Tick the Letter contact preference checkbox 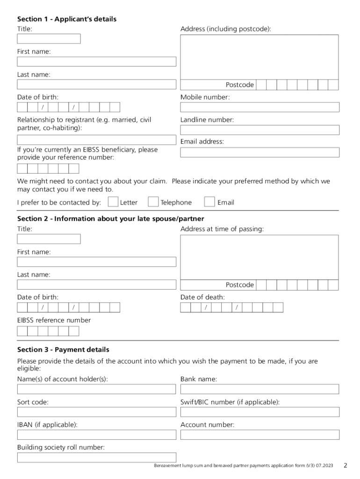tap(113, 202)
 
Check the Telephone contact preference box tap(153, 202)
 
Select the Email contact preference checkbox tap(210, 202)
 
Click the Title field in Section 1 tap(49, 39)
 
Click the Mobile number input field tap(259, 107)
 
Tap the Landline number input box tap(259, 130)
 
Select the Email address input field tap(259, 152)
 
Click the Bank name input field tap(259, 389)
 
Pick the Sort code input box tap(97, 412)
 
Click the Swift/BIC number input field tap(259, 412)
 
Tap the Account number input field tap(259, 435)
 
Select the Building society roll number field tap(97, 457)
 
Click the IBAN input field tap(97, 435)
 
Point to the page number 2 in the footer tap(345, 465)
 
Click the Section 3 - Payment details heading tap(63, 350)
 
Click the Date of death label tap(202, 298)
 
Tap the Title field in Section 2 tap(49, 239)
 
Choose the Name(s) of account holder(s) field tap(97, 389)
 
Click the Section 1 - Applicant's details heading tap(67, 19)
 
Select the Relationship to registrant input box tap(97, 140)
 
